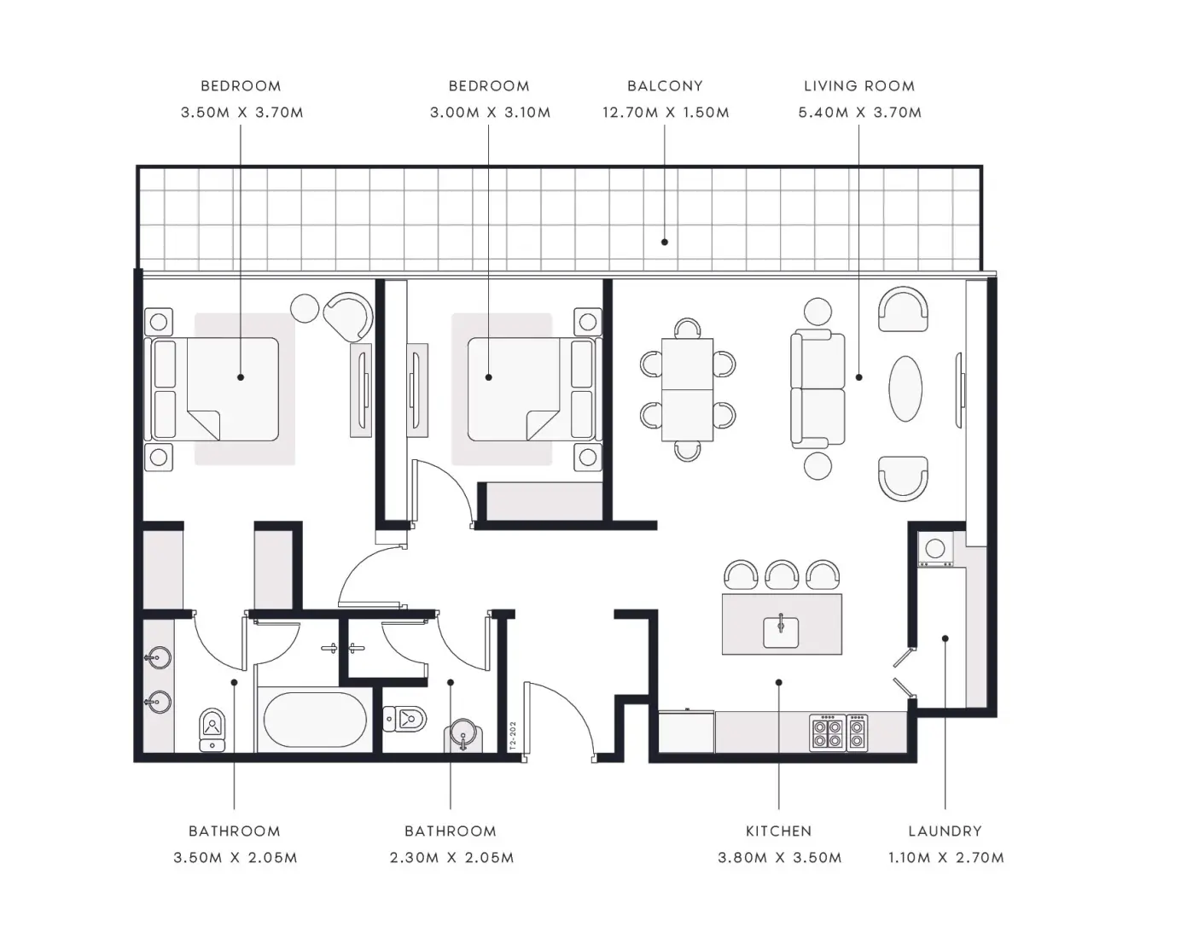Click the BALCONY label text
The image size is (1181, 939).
(x=665, y=86)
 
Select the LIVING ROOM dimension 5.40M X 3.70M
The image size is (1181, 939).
(x=860, y=113)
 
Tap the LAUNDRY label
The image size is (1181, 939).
(x=945, y=831)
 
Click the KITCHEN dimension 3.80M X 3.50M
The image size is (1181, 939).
(x=779, y=857)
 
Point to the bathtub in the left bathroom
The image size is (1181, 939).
(x=315, y=720)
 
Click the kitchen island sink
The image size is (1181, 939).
(x=781, y=632)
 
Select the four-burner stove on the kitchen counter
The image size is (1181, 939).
(x=828, y=733)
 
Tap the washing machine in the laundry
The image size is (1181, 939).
(x=936, y=549)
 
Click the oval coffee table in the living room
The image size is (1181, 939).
(x=905, y=388)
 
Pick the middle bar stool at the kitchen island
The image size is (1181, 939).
(x=782, y=574)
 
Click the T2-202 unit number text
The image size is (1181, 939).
(x=513, y=736)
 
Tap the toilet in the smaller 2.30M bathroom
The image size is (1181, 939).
(x=404, y=719)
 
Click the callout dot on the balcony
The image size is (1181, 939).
(x=665, y=242)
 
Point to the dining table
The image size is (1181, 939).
(x=688, y=389)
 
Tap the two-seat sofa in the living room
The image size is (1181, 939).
(x=817, y=388)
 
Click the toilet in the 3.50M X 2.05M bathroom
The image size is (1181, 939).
(x=212, y=730)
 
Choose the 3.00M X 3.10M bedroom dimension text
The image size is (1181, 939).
(x=490, y=113)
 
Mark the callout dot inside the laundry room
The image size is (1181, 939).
(x=945, y=638)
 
